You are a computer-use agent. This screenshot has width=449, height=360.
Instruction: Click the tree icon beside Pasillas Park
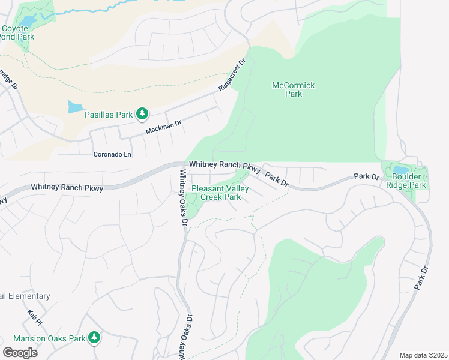click(x=142, y=113)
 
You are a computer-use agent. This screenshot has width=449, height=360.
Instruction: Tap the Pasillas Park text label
click(x=108, y=114)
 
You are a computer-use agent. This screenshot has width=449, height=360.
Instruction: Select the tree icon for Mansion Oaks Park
click(x=94, y=338)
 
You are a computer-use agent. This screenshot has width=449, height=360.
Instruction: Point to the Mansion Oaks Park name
click(x=49, y=338)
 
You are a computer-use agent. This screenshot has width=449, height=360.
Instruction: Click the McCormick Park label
click(x=293, y=90)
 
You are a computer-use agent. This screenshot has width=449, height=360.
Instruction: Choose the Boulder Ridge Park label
click(x=409, y=181)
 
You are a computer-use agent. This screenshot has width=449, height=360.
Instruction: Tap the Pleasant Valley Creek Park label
click(x=215, y=193)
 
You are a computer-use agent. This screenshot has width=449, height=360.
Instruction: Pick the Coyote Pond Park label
click(x=17, y=32)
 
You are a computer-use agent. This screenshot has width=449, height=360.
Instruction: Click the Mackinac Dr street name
click(x=163, y=127)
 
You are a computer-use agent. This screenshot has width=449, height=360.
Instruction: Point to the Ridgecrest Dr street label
click(x=232, y=74)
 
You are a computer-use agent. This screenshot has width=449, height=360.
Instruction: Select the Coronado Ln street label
click(x=112, y=154)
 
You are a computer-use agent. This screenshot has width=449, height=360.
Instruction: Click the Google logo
click(x=20, y=352)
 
